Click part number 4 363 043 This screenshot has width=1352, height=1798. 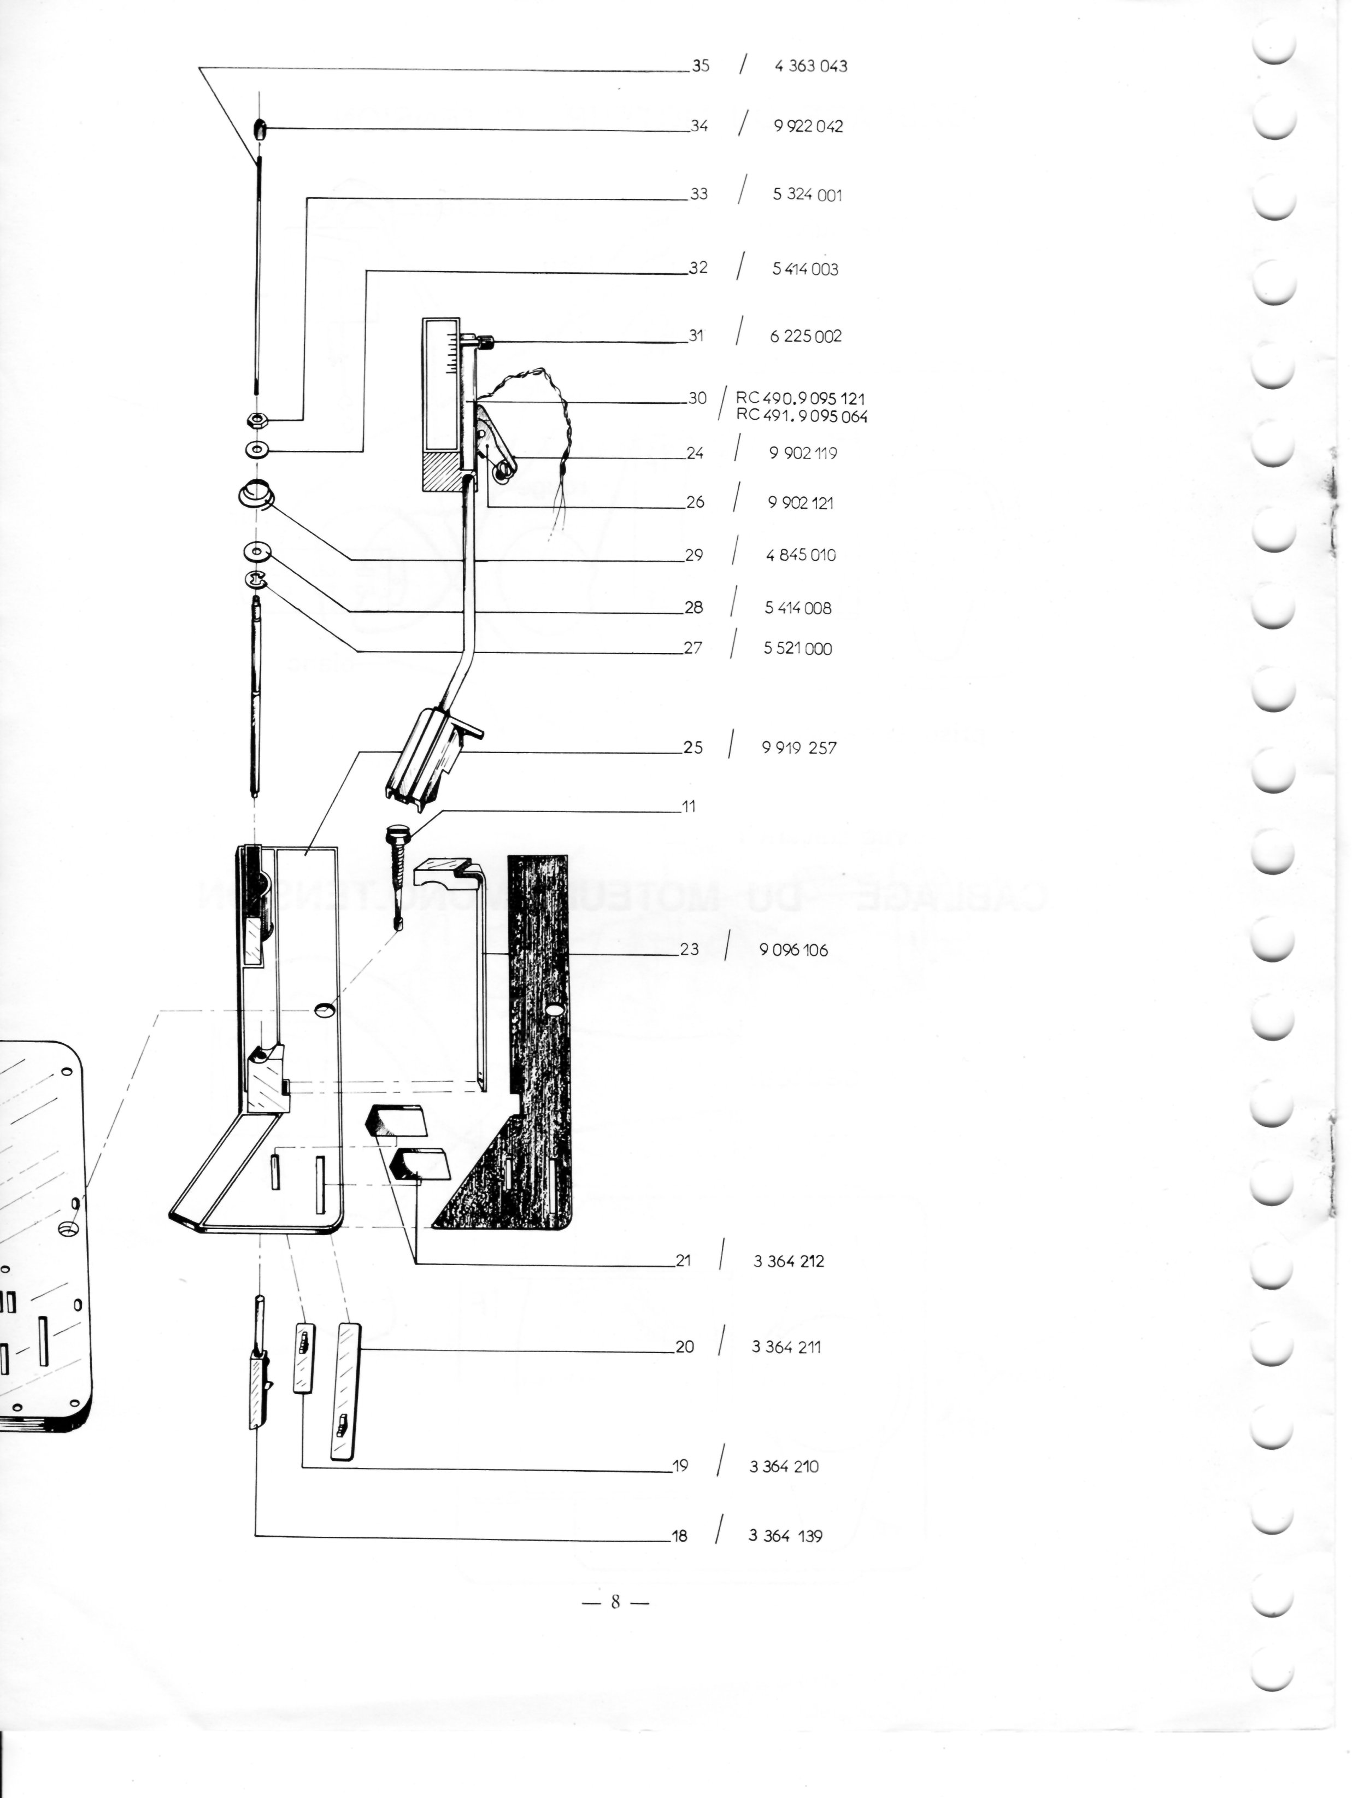810,66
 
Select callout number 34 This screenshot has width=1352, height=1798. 699,126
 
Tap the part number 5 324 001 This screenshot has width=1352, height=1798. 807,195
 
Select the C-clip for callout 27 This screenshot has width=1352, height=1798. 256,579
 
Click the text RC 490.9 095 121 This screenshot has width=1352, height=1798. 800,398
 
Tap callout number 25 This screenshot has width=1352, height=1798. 692,747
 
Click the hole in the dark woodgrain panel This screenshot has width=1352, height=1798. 555,1010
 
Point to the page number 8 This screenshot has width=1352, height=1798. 615,1601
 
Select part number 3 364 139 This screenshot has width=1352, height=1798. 785,1536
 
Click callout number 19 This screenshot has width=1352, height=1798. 680,1466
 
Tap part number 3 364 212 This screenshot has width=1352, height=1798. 789,1261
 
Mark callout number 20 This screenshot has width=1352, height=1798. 685,1347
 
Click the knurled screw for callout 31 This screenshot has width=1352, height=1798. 485,342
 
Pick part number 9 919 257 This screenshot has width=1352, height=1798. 798,748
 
